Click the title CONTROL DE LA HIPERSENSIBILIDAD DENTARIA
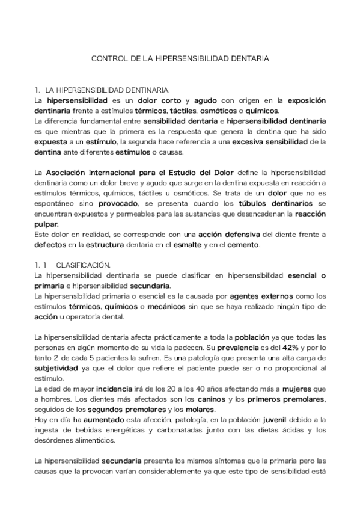tap(180, 60)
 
